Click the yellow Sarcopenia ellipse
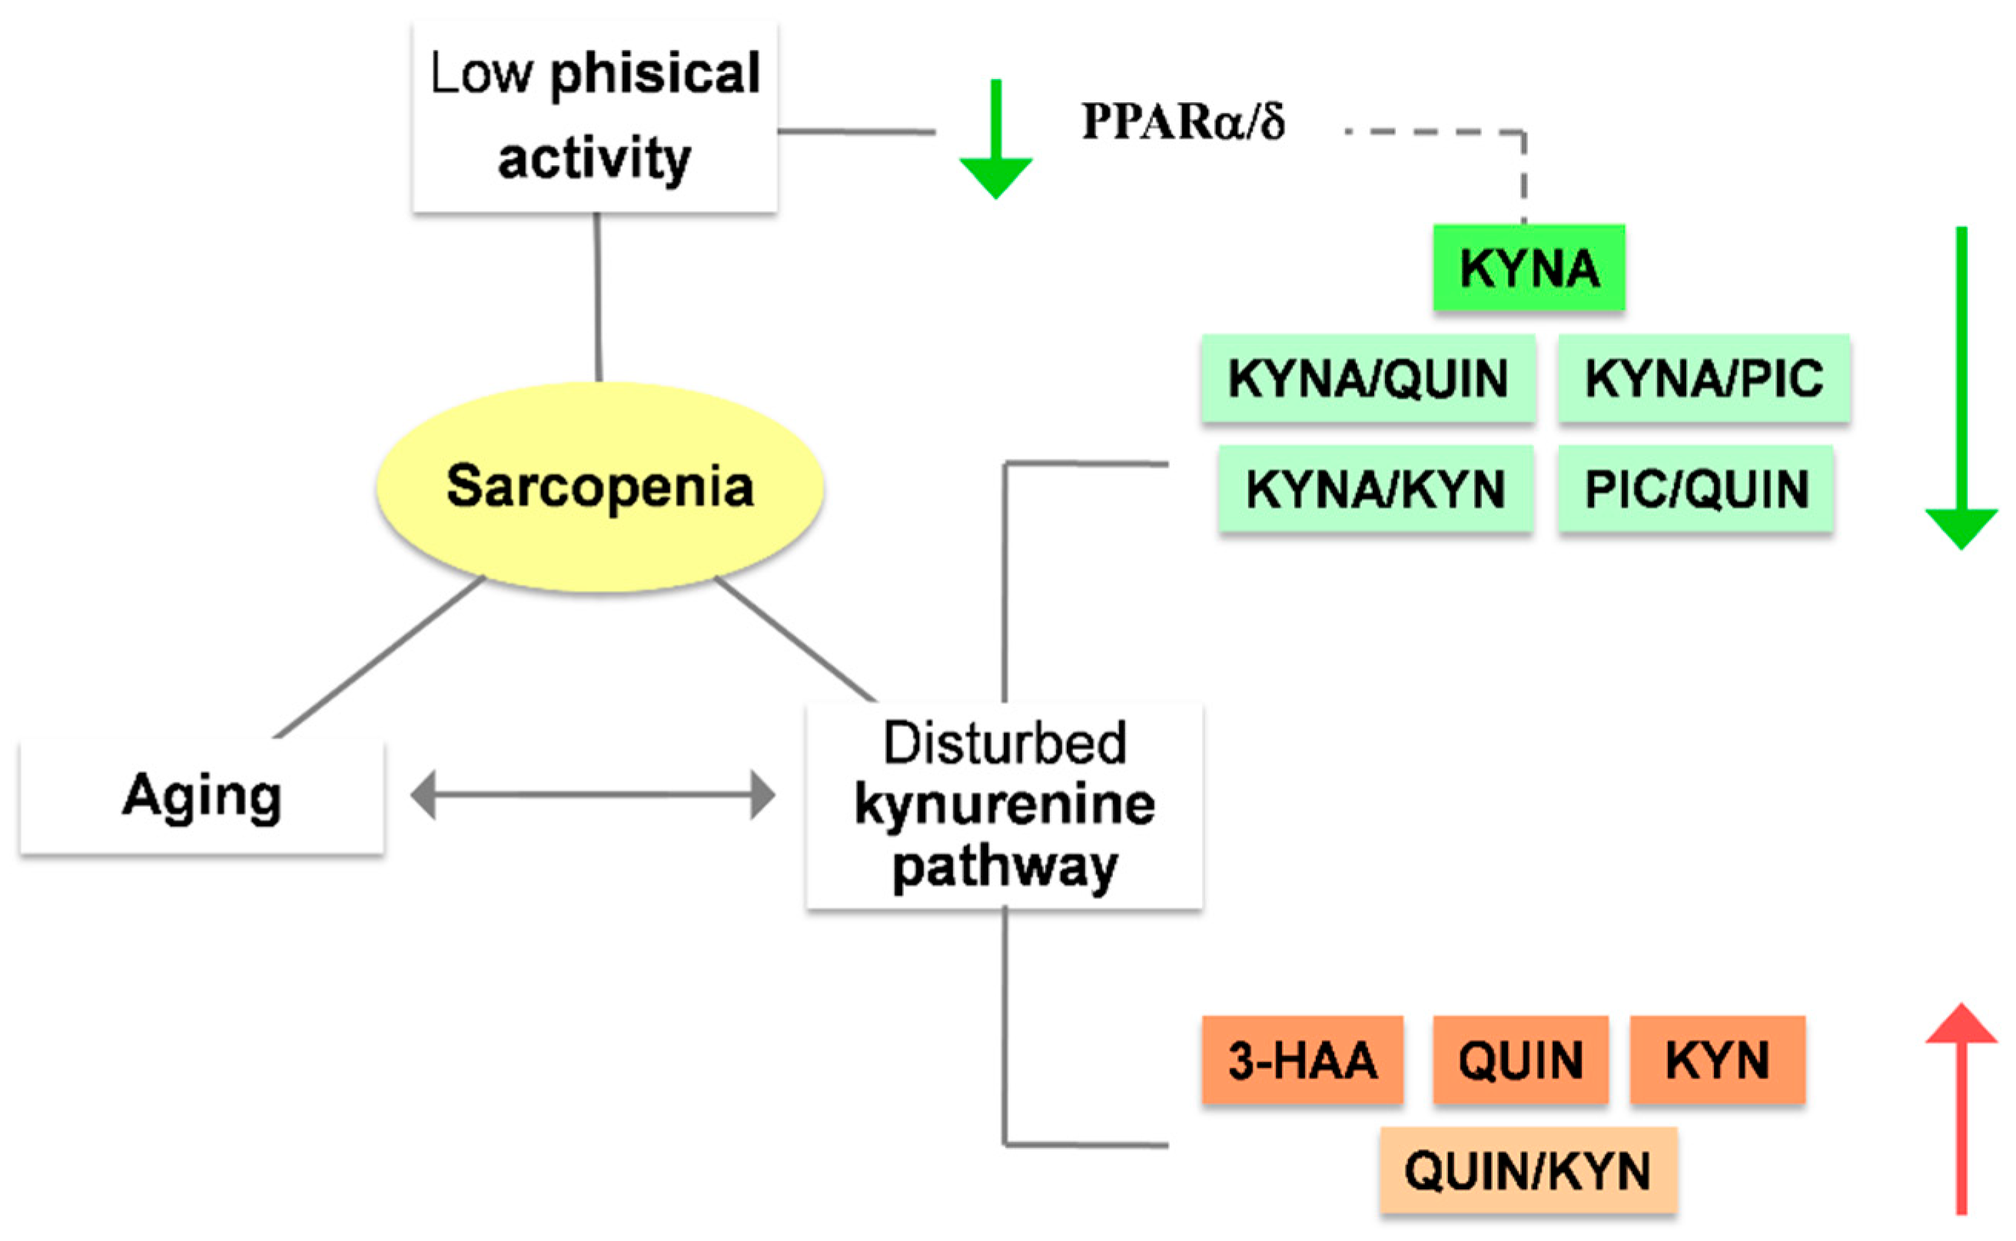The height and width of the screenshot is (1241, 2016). coord(599,486)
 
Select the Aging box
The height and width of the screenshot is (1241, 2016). coord(202,796)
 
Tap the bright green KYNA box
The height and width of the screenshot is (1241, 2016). coord(1529,267)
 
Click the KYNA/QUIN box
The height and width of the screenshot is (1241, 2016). coord(1367,378)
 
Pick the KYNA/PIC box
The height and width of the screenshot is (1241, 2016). coord(1703,378)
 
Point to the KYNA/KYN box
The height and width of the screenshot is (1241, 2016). coord(1375,489)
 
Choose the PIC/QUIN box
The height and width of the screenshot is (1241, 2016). coord(1695,489)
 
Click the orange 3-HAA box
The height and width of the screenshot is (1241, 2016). coord(1302,1060)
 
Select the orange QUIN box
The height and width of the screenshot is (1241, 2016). coord(1520,1060)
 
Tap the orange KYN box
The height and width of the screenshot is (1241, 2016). coord(1717,1060)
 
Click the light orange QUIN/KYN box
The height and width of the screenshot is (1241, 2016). coord(1528,1170)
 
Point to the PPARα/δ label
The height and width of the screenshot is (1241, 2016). coord(1182,121)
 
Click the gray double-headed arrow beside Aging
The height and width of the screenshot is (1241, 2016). coord(593,795)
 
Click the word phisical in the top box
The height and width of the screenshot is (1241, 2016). coord(654,74)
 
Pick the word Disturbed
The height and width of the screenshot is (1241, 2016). coord(1004,743)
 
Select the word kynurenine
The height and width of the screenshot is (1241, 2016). coord(1004,805)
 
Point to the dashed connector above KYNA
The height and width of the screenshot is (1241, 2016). coord(1477,131)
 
